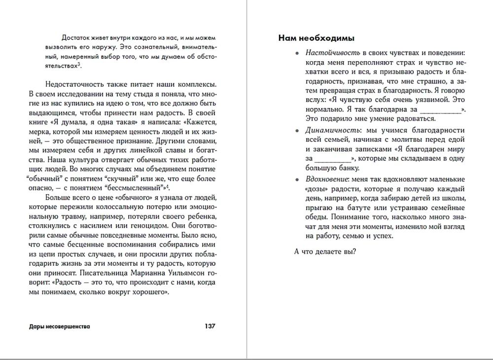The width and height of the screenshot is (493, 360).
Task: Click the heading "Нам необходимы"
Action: pyautogui.click(x=317, y=38)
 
